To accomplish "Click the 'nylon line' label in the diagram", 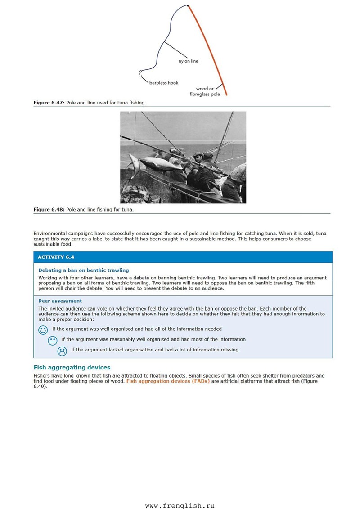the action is click(188, 61).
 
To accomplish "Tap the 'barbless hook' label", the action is click(164, 83).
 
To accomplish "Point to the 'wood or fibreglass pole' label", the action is click(205, 91).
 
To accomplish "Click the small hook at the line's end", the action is click(140, 74).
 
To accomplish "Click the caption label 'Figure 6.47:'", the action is click(49, 103).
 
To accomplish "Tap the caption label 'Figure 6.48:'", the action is click(49, 209).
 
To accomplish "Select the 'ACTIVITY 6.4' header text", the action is click(56, 257).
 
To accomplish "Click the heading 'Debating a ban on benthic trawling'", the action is click(83, 270).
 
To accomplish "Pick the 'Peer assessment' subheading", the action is click(60, 301).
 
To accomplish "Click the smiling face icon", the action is click(43, 330).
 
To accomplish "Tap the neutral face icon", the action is click(53, 341).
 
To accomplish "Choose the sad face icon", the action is click(62, 351).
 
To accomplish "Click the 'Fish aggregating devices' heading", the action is click(72, 367).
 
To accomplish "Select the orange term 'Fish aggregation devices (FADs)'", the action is click(168, 381).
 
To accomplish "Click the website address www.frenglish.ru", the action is click(180, 505).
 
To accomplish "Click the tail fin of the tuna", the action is click(134, 166).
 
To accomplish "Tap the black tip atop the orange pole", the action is click(188, 5).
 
